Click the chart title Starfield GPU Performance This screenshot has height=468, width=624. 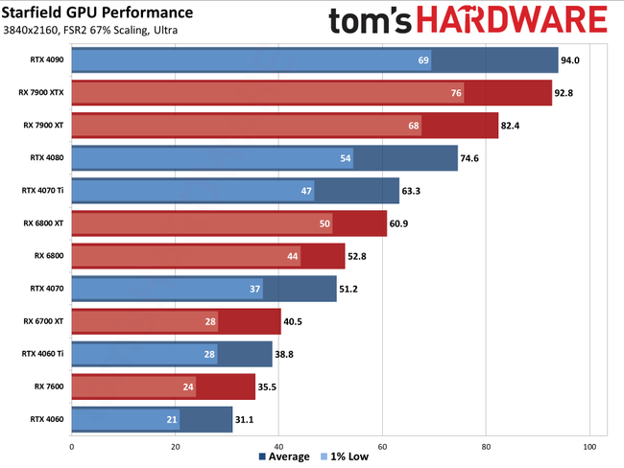97,12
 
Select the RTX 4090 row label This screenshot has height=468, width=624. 46,59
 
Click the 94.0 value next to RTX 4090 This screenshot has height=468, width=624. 572,59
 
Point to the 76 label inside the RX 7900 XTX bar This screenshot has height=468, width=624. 456,92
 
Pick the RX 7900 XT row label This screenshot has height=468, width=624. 45,125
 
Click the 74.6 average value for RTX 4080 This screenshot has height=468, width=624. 471,157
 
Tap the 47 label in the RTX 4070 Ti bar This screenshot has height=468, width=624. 307,190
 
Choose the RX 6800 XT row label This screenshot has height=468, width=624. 45,222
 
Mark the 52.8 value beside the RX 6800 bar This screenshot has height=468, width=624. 359,256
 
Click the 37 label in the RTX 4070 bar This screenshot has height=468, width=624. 255,289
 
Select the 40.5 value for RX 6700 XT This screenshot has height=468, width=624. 295,321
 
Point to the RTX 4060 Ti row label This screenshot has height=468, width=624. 43,353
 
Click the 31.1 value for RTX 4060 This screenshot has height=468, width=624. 247,419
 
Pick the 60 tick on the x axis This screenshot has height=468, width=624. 382,446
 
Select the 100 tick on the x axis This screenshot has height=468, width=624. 589,446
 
